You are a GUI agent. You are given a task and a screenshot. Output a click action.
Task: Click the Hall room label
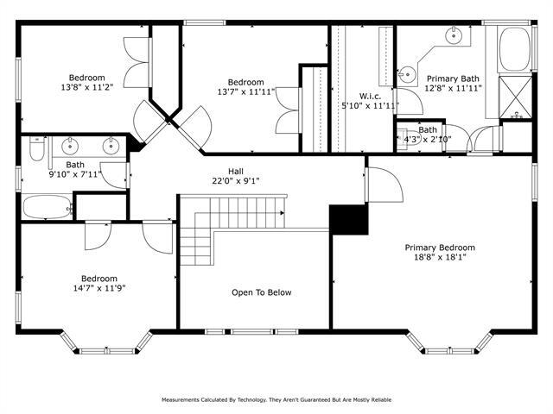coord(235,171)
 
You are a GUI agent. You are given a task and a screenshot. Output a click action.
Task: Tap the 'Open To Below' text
coord(261,292)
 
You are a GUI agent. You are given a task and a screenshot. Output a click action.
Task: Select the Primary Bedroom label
coord(440,248)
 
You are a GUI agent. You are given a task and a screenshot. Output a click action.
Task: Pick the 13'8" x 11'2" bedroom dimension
coord(86,87)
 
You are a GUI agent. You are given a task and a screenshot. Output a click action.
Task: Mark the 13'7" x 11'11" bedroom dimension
coord(241,91)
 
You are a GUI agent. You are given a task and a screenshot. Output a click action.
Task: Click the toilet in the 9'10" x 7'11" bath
coord(35,152)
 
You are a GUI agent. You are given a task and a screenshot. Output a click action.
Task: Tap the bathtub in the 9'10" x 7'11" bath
coord(45,207)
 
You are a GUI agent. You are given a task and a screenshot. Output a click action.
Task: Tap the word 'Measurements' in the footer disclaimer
coord(185,400)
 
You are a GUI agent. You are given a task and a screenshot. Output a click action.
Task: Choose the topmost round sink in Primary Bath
coord(453,36)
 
